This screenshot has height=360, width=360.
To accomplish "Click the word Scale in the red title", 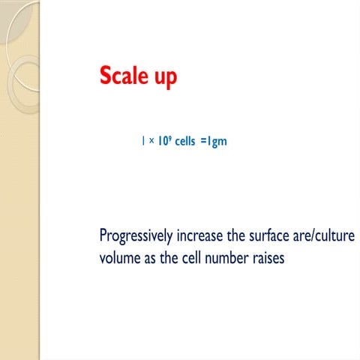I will (x=124, y=76).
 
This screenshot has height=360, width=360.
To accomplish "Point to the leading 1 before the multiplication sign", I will (x=142, y=140).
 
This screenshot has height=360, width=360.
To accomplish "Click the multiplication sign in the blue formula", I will (x=150, y=141).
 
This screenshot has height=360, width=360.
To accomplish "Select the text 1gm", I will (x=217, y=141).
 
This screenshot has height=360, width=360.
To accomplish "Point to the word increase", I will (x=199, y=235).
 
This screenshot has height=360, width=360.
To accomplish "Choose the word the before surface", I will (x=238, y=235).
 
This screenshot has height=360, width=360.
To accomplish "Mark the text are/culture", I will (x=326, y=235).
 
